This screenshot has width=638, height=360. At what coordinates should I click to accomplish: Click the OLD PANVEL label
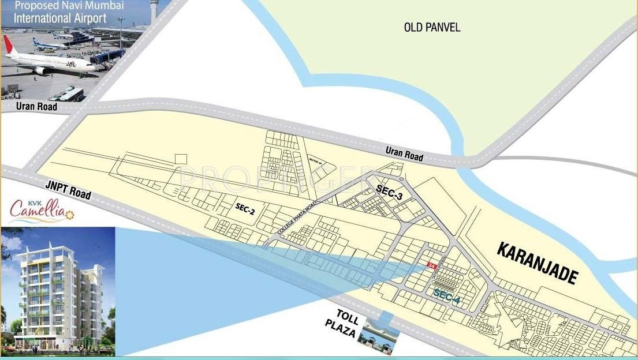pyautogui.click(x=432, y=27)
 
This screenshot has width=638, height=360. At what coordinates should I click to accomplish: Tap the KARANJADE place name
pyautogui.click(x=537, y=263)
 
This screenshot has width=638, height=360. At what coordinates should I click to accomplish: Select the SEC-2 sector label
pyautogui.click(x=245, y=208)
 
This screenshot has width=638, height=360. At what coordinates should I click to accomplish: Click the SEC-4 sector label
pyautogui.click(x=446, y=297)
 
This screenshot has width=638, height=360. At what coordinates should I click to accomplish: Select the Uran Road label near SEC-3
pyautogui.click(x=404, y=154)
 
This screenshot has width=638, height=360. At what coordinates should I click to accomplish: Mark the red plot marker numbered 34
pyautogui.click(x=430, y=265)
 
